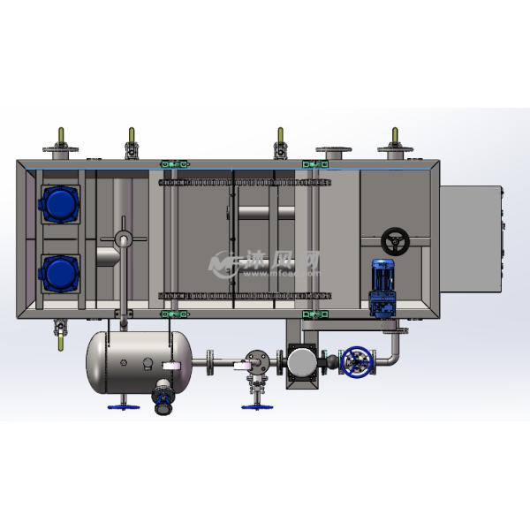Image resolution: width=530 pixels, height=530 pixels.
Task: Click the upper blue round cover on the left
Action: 59,204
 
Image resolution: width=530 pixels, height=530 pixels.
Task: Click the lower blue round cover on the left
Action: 59,271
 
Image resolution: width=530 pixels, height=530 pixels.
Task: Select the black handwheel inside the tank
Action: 395,240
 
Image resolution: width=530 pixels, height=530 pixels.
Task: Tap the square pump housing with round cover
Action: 301,362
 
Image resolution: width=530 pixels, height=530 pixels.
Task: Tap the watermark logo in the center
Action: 264,261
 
